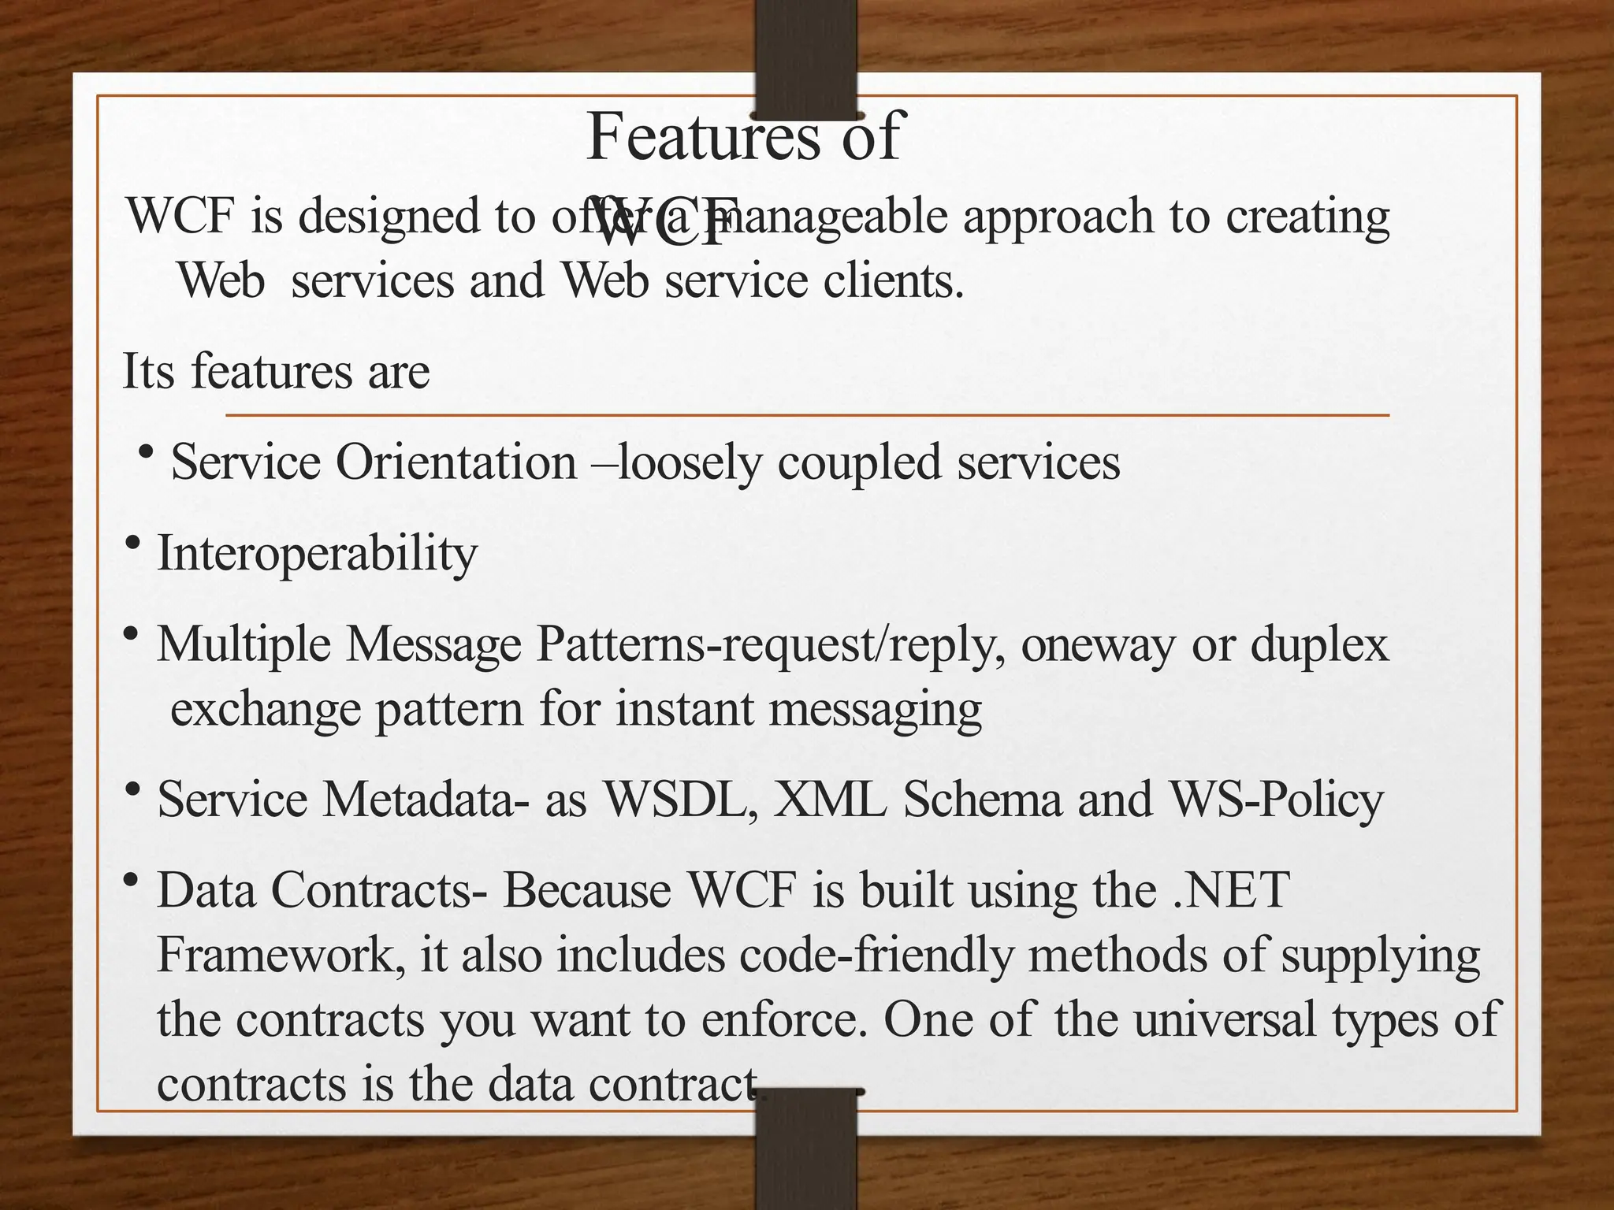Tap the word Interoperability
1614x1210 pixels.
[x=317, y=554]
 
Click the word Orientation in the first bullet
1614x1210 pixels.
[x=456, y=462]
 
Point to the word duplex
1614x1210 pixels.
[x=1320, y=645]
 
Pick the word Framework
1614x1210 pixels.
[x=281, y=955]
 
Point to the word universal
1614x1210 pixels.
[x=1225, y=1019]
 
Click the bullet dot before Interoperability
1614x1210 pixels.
[x=132, y=543]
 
